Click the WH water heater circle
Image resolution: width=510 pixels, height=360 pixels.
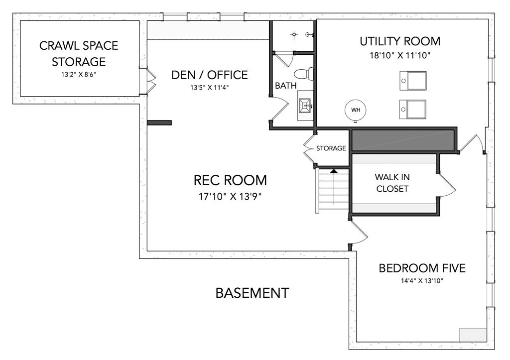pos(356,110)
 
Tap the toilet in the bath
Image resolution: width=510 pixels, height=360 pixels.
pos(304,74)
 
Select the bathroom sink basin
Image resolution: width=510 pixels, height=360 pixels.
pos(305,106)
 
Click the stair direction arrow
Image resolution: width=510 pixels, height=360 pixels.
pos(334,171)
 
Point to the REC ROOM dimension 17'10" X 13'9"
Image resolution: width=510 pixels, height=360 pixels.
pos(230,196)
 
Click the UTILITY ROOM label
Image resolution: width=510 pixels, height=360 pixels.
pos(400,41)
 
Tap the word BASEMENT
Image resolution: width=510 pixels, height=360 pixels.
pos(252,293)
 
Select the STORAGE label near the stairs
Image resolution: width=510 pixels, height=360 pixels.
pos(331,148)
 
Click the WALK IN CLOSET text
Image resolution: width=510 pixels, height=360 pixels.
pos(392,183)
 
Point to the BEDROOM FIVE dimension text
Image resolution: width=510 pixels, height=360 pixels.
pos(422,281)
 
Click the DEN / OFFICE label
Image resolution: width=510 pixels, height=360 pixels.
pos(210,75)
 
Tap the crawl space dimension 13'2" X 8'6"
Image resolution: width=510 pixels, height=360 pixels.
pos(79,75)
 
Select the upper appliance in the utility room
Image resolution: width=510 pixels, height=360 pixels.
pos(413,81)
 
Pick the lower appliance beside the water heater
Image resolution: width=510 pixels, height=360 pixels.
pos(413,109)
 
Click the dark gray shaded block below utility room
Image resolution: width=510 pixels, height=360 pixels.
pos(402,140)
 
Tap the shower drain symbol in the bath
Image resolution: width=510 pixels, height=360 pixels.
pos(294,34)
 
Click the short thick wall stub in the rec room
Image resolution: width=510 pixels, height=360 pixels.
pos(159,122)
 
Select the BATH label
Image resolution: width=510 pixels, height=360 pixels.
pos(285,86)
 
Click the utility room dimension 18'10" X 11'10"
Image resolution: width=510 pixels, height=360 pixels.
pos(400,55)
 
